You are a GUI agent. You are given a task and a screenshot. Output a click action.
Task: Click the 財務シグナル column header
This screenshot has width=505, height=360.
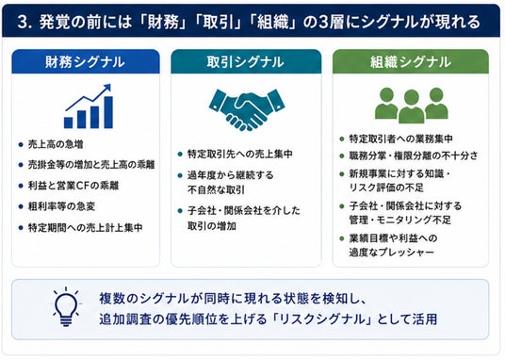pyautogui.click(x=86, y=61)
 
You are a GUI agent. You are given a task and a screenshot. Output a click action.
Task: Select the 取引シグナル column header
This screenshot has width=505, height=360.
pyautogui.click(x=246, y=61)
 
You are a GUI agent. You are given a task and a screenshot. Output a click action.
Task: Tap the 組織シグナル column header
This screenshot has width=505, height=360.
pyautogui.click(x=411, y=61)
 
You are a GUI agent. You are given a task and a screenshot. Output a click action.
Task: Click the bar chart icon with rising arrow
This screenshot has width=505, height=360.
pyautogui.click(x=89, y=106)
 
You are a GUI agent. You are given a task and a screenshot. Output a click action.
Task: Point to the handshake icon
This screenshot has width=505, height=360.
pyautogui.click(x=247, y=109)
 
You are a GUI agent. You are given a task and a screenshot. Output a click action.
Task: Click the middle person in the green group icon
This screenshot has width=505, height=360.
pyautogui.click(x=412, y=106)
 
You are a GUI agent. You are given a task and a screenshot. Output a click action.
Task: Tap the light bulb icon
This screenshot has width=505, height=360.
pyautogui.click(x=66, y=307)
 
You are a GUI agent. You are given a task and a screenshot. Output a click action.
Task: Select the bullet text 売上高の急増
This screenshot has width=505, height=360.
pyautogui.click(x=56, y=144)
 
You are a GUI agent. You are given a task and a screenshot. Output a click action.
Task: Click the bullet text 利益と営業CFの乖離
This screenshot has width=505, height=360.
pyautogui.click(x=73, y=186)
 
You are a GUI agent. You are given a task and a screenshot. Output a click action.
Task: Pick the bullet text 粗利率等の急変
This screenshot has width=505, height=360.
pyautogui.click(x=61, y=206)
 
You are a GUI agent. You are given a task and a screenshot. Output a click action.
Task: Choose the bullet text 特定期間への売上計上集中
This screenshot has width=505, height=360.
pyautogui.click(x=86, y=227)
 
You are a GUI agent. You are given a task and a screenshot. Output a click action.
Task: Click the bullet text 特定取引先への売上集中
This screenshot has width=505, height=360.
pyautogui.click(x=240, y=154)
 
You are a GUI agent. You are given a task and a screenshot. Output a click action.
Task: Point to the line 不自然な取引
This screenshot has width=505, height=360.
pyautogui.click(x=216, y=189)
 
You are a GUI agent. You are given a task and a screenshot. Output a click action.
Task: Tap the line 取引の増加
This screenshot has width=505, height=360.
pyautogui.click(x=212, y=226)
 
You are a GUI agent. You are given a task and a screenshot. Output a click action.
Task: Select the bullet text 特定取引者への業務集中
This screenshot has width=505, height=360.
pyautogui.click(x=401, y=139)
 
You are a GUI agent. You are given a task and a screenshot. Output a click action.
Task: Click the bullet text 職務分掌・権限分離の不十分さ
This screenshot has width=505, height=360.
pyautogui.click(x=414, y=155)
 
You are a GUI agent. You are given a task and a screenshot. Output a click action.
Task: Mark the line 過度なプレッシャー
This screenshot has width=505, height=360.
pyautogui.click(x=392, y=252)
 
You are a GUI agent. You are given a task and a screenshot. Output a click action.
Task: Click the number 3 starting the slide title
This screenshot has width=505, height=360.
pyautogui.click(x=23, y=23)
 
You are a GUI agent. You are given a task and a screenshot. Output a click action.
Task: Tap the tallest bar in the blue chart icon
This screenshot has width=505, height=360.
pyautogui.click(x=108, y=112)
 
